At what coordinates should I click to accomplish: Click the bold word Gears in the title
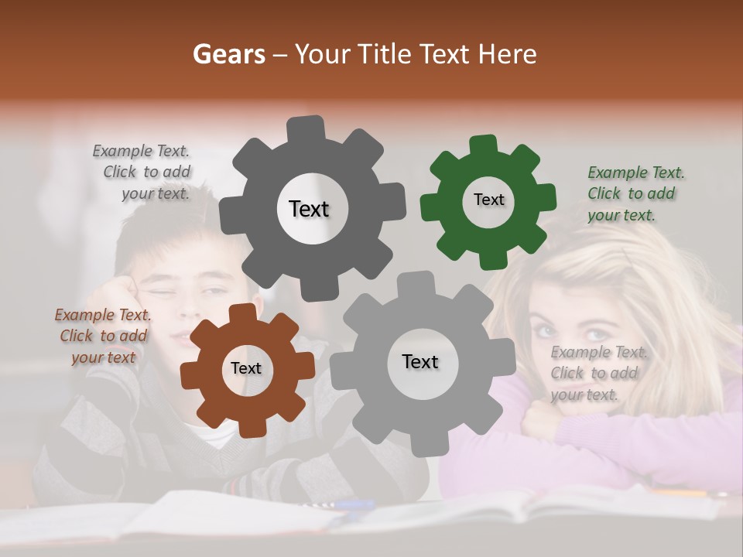pyautogui.click(x=228, y=54)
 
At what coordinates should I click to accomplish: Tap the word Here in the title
pyautogui.click(x=507, y=54)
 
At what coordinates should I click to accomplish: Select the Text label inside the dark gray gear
pyautogui.click(x=309, y=209)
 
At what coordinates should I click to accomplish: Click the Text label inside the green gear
pyautogui.click(x=488, y=200)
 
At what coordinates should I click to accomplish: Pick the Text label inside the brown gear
pyautogui.click(x=245, y=368)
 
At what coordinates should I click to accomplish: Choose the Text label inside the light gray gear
pyautogui.click(x=420, y=361)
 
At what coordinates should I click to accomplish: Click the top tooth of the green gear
pyautogui.click(x=484, y=145)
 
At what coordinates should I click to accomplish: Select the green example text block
pyautogui.click(x=635, y=193)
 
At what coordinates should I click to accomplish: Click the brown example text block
pyautogui.click(x=103, y=336)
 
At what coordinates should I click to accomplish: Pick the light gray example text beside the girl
pyautogui.click(x=598, y=373)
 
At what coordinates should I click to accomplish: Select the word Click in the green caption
pyautogui.click(x=605, y=193)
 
